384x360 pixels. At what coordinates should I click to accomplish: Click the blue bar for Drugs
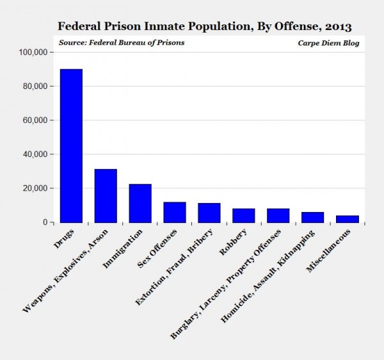(x=71, y=145)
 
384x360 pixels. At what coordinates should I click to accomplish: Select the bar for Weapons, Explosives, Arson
(x=106, y=195)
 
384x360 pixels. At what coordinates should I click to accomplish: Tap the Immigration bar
(x=140, y=203)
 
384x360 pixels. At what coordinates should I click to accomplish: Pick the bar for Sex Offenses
(x=175, y=212)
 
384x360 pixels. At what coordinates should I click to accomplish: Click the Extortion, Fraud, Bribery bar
(x=209, y=213)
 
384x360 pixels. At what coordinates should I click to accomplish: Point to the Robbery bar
(x=244, y=215)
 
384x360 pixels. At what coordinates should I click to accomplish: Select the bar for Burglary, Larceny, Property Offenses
(x=278, y=215)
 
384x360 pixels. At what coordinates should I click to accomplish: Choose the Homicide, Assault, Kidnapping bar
(x=313, y=217)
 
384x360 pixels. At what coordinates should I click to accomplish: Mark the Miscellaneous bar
(x=348, y=219)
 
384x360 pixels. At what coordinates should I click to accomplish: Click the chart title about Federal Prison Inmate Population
(x=204, y=27)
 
